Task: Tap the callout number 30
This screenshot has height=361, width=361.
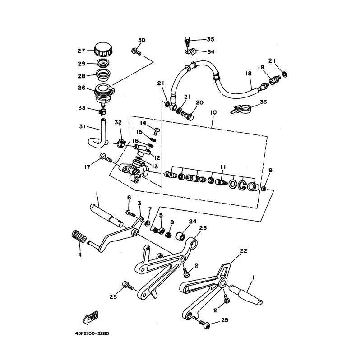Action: (141, 41)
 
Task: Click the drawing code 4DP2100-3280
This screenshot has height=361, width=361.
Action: (90, 334)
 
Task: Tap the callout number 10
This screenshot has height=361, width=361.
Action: (214, 111)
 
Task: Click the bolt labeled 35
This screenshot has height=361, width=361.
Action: (187, 42)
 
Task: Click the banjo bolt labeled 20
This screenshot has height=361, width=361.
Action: (189, 115)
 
